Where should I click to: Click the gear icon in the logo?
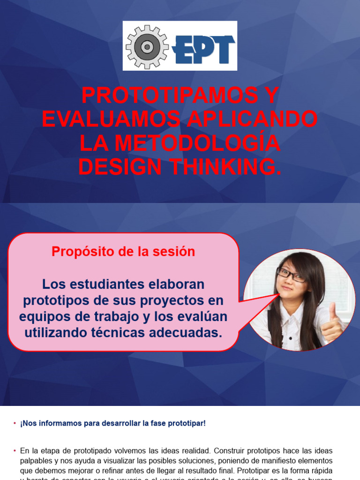(147, 46)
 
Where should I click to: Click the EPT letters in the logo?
(204, 48)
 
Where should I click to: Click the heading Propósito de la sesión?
(123, 252)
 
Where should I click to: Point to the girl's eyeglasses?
(291, 274)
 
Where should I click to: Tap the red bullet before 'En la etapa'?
(15, 450)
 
